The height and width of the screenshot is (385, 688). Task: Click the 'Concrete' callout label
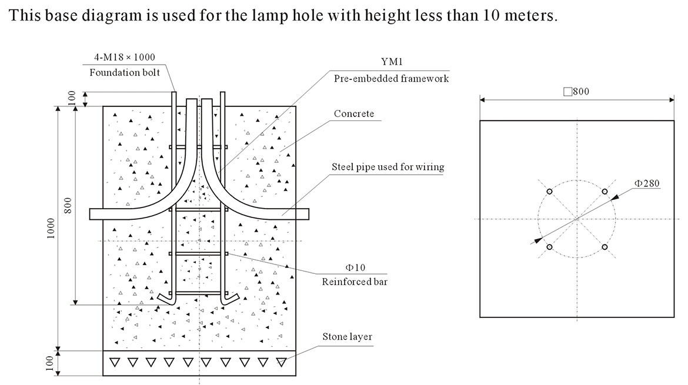click(x=353, y=113)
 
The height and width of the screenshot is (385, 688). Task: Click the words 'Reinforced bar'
click(x=355, y=282)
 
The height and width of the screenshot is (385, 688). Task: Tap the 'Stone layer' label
click(x=347, y=337)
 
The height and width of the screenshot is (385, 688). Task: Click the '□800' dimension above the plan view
click(x=576, y=91)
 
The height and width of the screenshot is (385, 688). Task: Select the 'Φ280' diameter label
click(x=647, y=183)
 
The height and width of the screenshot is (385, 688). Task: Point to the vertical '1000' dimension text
click(x=51, y=229)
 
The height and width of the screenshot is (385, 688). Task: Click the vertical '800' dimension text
click(x=68, y=205)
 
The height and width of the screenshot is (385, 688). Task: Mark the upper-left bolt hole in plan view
click(x=549, y=192)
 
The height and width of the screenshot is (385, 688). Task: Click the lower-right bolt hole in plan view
click(x=604, y=247)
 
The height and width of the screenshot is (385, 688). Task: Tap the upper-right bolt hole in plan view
click(x=604, y=192)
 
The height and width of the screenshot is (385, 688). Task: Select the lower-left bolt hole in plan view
click(x=549, y=247)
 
